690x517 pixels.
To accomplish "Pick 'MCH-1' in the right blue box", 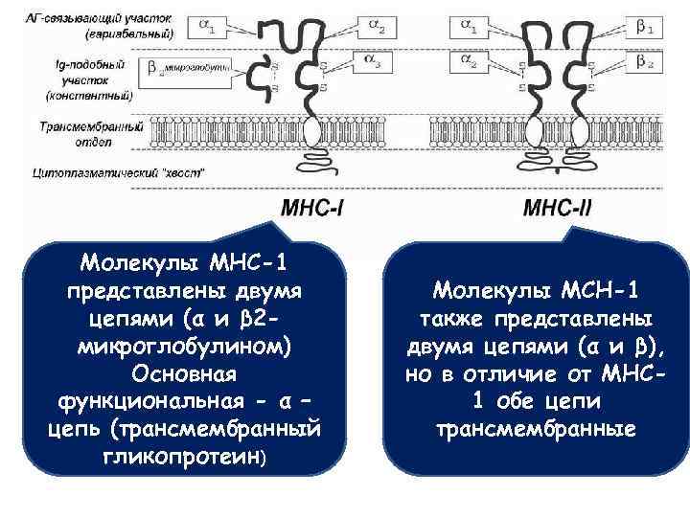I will click(x=594, y=289).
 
